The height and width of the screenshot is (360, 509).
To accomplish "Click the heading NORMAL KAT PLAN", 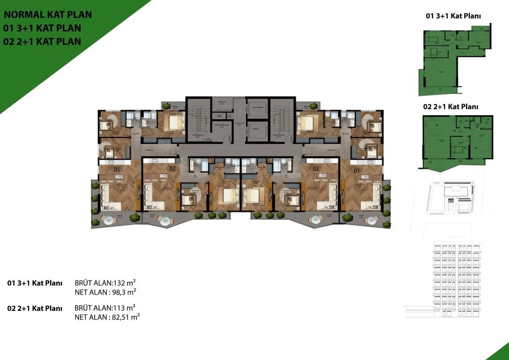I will (48, 15).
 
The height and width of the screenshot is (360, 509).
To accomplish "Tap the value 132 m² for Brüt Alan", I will (124, 283).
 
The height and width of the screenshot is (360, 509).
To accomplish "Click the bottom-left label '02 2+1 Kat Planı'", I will (35, 308).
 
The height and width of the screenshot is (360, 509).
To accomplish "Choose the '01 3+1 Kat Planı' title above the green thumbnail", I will (453, 16).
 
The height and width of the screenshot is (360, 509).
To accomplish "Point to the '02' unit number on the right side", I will (316, 168).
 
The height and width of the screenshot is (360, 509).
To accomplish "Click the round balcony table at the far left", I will (109, 219).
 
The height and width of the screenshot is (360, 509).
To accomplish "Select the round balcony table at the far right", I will (372, 219).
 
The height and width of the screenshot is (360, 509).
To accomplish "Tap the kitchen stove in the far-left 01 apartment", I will (118, 176).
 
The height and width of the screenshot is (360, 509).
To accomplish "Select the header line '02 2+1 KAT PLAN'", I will (42, 41).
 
